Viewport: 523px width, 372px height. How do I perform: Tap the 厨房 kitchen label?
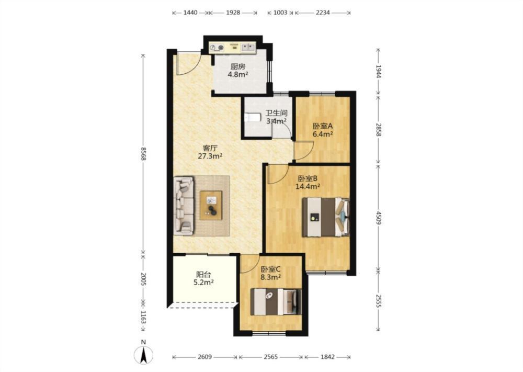pyautogui.click(x=237, y=67)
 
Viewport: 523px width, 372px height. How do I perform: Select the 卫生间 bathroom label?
pyautogui.click(x=276, y=113)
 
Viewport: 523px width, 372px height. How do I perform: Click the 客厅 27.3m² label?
pyautogui.click(x=210, y=152)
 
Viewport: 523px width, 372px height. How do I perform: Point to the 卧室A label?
pyautogui.click(x=323, y=126)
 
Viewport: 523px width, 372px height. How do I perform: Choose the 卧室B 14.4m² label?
pyautogui.click(x=308, y=182)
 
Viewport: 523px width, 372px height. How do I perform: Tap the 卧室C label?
pyautogui.click(x=270, y=269)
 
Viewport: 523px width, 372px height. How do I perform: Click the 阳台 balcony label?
pyautogui.click(x=203, y=275)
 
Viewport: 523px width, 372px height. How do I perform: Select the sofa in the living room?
pyautogui.click(x=184, y=206)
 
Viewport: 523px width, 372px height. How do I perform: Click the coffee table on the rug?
pyautogui.click(x=211, y=205)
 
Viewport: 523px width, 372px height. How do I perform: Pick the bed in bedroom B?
pyautogui.click(x=325, y=217)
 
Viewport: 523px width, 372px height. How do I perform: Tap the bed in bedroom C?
pyautogui.click(x=276, y=301)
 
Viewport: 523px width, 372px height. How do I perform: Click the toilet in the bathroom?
pyautogui.click(x=253, y=118)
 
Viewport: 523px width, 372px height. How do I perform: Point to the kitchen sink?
pyautogui.click(x=247, y=48)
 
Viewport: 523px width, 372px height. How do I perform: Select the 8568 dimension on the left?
pyautogui.click(x=143, y=154)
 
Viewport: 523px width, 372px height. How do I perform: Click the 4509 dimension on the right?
pyautogui.click(x=378, y=218)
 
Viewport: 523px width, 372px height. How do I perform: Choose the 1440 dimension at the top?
pyautogui.click(x=190, y=13)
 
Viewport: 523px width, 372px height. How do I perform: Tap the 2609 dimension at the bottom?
pyautogui.click(x=204, y=357)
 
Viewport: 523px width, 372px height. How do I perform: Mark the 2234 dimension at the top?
pyautogui.click(x=323, y=13)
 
